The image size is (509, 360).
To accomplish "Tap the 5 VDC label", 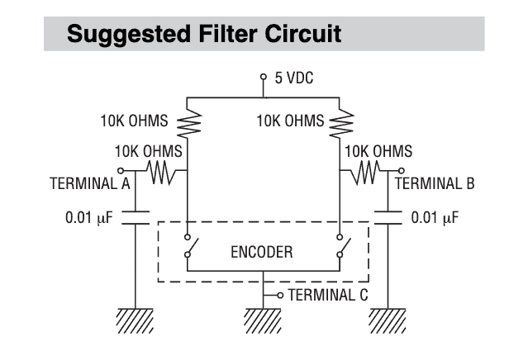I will click(x=291, y=78).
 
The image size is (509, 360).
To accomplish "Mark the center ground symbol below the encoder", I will click(x=264, y=319).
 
